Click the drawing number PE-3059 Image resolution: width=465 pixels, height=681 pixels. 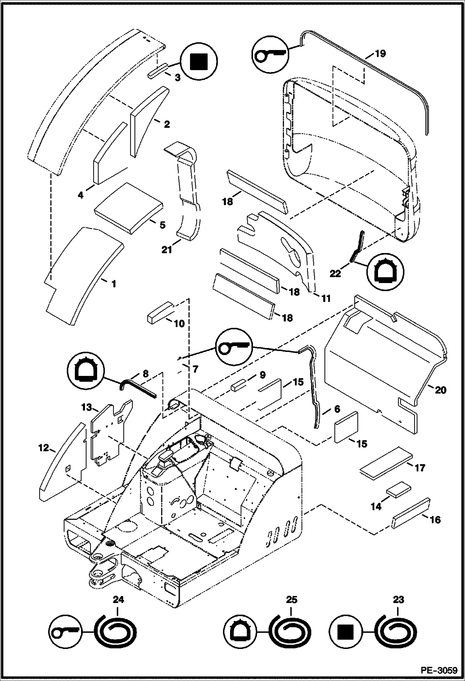point(439,670)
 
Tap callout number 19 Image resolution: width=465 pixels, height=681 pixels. point(380,53)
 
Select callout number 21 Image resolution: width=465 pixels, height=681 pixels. point(167,250)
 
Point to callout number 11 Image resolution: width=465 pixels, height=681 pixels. point(326,298)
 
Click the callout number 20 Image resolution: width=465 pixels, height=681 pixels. point(440,390)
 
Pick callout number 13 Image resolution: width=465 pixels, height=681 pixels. point(87,407)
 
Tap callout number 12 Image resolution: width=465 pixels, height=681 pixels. point(44,448)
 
